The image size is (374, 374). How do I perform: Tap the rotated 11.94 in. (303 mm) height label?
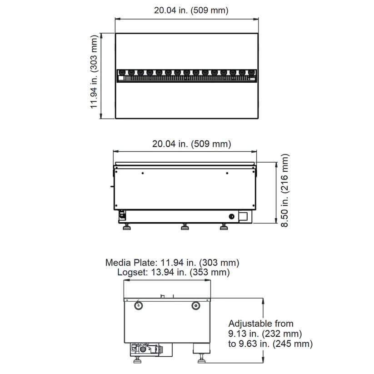[x=94, y=75]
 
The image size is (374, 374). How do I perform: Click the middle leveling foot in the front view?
[x=185, y=227]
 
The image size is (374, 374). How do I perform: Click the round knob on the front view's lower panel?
[x=232, y=216]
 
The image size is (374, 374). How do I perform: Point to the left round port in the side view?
[x=138, y=305]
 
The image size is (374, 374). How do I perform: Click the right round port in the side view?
[x=196, y=305]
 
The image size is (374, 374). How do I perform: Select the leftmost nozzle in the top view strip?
[x=121, y=72]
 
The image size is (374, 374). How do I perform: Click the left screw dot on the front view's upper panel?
[x=143, y=173]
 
